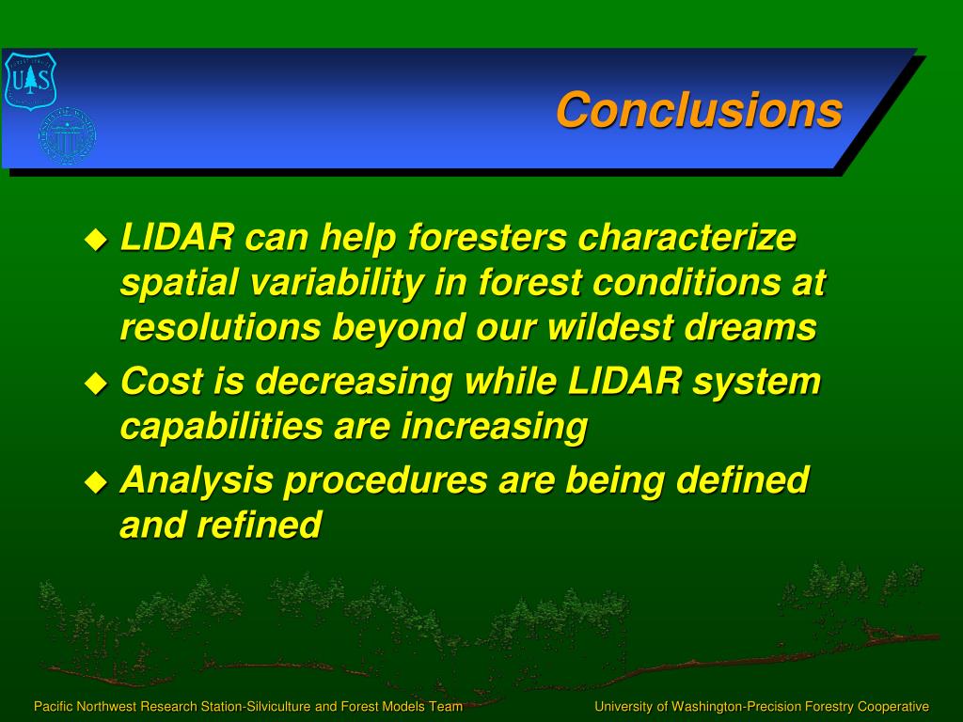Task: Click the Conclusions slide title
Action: (699, 110)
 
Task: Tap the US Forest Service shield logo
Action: (30, 81)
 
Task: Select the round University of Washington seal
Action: (67, 135)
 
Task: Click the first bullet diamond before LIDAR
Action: (96, 239)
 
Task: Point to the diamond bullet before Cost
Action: (96, 384)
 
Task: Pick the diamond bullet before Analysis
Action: (96, 482)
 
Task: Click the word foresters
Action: (487, 237)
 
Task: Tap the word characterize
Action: (687, 237)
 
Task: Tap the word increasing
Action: (495, 427)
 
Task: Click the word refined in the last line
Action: (260, 525)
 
